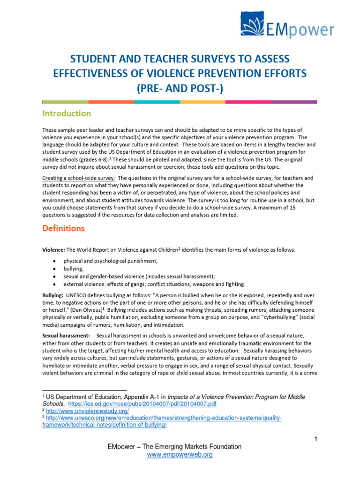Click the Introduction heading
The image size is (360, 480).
click(67, 113)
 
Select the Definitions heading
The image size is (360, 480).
click(64, 229)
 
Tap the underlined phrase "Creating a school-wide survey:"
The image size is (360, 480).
click(79, 178)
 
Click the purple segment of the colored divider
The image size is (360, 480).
click(294, 102)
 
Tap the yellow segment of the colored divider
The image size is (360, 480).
click(202, 102)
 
